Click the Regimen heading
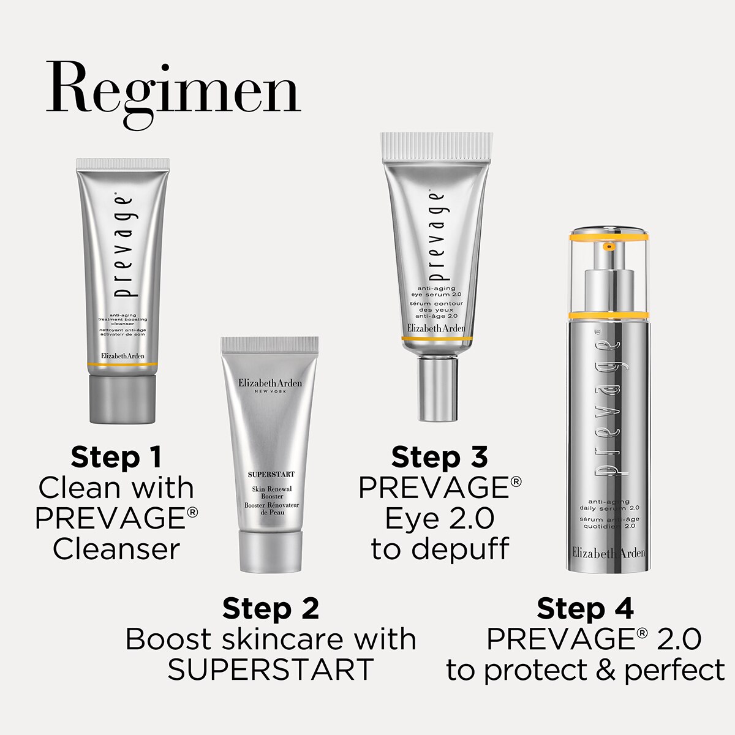(173, 94)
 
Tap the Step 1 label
(116, 457)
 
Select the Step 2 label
(271, 609)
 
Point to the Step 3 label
(440, 457)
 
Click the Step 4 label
(585, 609)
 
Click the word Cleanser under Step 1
(116, 549)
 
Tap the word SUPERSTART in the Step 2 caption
(271, 669)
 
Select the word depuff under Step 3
(466, 549)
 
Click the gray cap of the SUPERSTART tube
(271, 550)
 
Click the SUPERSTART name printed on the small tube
(271, 474)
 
